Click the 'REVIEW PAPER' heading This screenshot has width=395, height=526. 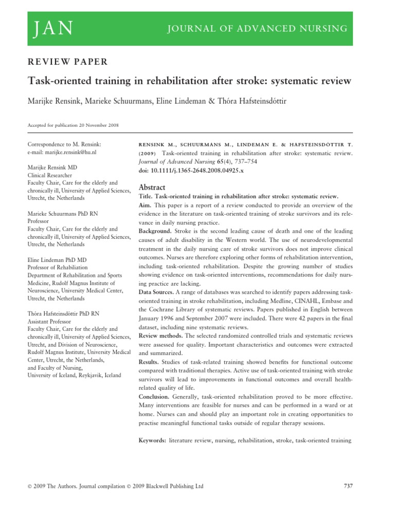click(67, 62)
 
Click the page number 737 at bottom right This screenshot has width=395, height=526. click(347, 486)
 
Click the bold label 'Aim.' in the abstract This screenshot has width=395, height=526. click(147, 205)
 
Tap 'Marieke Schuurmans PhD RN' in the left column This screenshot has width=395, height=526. click(61, 214)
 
